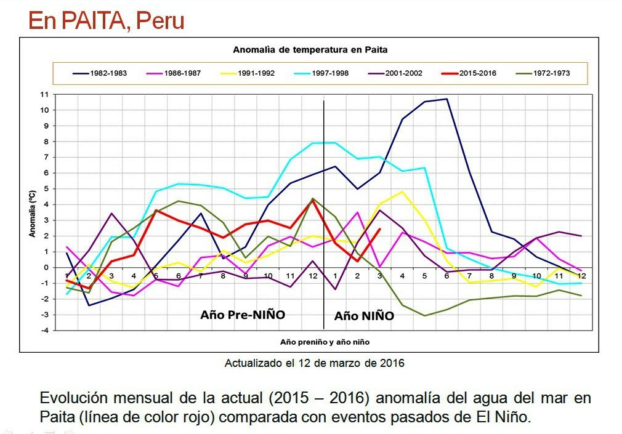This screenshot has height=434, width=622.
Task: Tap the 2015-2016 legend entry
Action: click(x=477, y=73)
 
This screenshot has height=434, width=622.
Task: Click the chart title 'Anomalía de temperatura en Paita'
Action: click(x=310, y=49)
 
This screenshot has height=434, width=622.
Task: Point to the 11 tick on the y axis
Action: click(x=44, y=94)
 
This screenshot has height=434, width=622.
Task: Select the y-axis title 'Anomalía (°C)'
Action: click(x=32, y=213)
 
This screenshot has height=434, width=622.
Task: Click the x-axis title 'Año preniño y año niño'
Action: click(x=325, y=342)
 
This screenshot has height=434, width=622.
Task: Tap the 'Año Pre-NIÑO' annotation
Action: click(x=243, y=314)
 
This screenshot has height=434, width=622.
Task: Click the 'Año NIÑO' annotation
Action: click(x=364, y=316)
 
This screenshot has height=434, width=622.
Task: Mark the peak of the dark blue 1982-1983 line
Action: click(x=446, y=99)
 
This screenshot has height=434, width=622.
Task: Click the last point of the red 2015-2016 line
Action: click(x=379, y=229)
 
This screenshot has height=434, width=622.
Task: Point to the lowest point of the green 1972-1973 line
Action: click(x=424, y=316)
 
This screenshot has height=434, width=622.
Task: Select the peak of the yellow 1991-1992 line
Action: click(x=402, y=191)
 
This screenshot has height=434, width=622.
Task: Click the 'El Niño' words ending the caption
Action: click(x=507, y=417)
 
